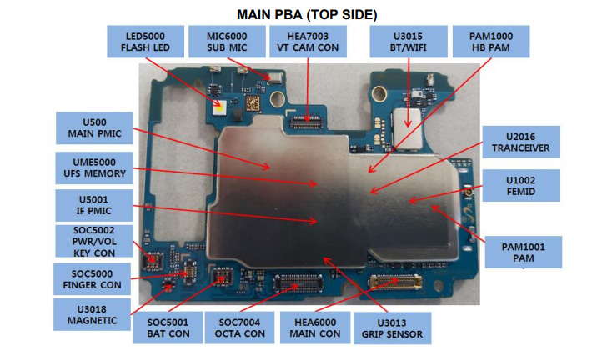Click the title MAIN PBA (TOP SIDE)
(303, 13)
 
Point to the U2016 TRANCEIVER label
(521, 142)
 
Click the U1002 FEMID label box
(521, 186)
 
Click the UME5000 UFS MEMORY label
(90, 167)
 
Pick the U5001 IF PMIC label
(90, 205)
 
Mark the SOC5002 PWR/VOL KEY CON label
(90, 242)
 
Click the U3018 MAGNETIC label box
(90, 314)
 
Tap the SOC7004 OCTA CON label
(241, 328)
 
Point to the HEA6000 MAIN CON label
(317, 328)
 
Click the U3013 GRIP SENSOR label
(392, 328)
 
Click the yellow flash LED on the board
(219, 106)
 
